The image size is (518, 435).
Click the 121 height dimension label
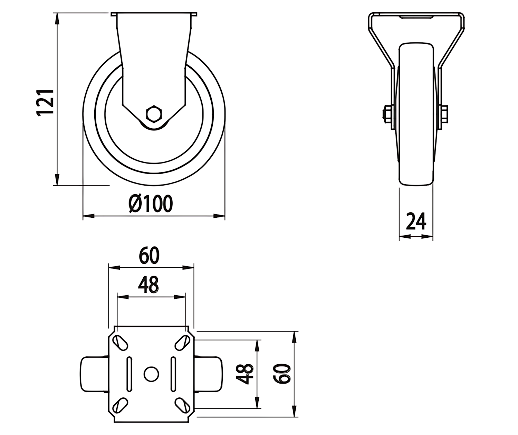pos(45,102)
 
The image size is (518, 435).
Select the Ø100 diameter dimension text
pos(151,203)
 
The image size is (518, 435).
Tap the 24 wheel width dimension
pos(416,221)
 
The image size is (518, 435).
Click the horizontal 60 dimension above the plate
pos(149,255)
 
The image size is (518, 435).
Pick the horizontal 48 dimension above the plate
pos(148,285)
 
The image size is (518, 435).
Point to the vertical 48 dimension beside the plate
pos(244,374)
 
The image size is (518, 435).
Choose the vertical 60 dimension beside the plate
pos(281,374)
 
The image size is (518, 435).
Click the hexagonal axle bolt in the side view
pos(154,114)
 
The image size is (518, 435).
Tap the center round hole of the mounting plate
pos(151,374)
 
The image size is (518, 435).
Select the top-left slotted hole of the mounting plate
pos(120,343)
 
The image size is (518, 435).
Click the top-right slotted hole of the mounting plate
pos(183,343)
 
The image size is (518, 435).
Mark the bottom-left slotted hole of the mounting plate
pos(120,405)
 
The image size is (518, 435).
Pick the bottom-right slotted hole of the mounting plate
pos(183,405)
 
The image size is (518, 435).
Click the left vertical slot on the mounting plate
pos(129,374)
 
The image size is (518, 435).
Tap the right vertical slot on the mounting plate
pos(173,374)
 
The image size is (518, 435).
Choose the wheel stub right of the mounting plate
pos(208,374)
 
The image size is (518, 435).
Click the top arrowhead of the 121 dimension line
pos(57,19)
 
